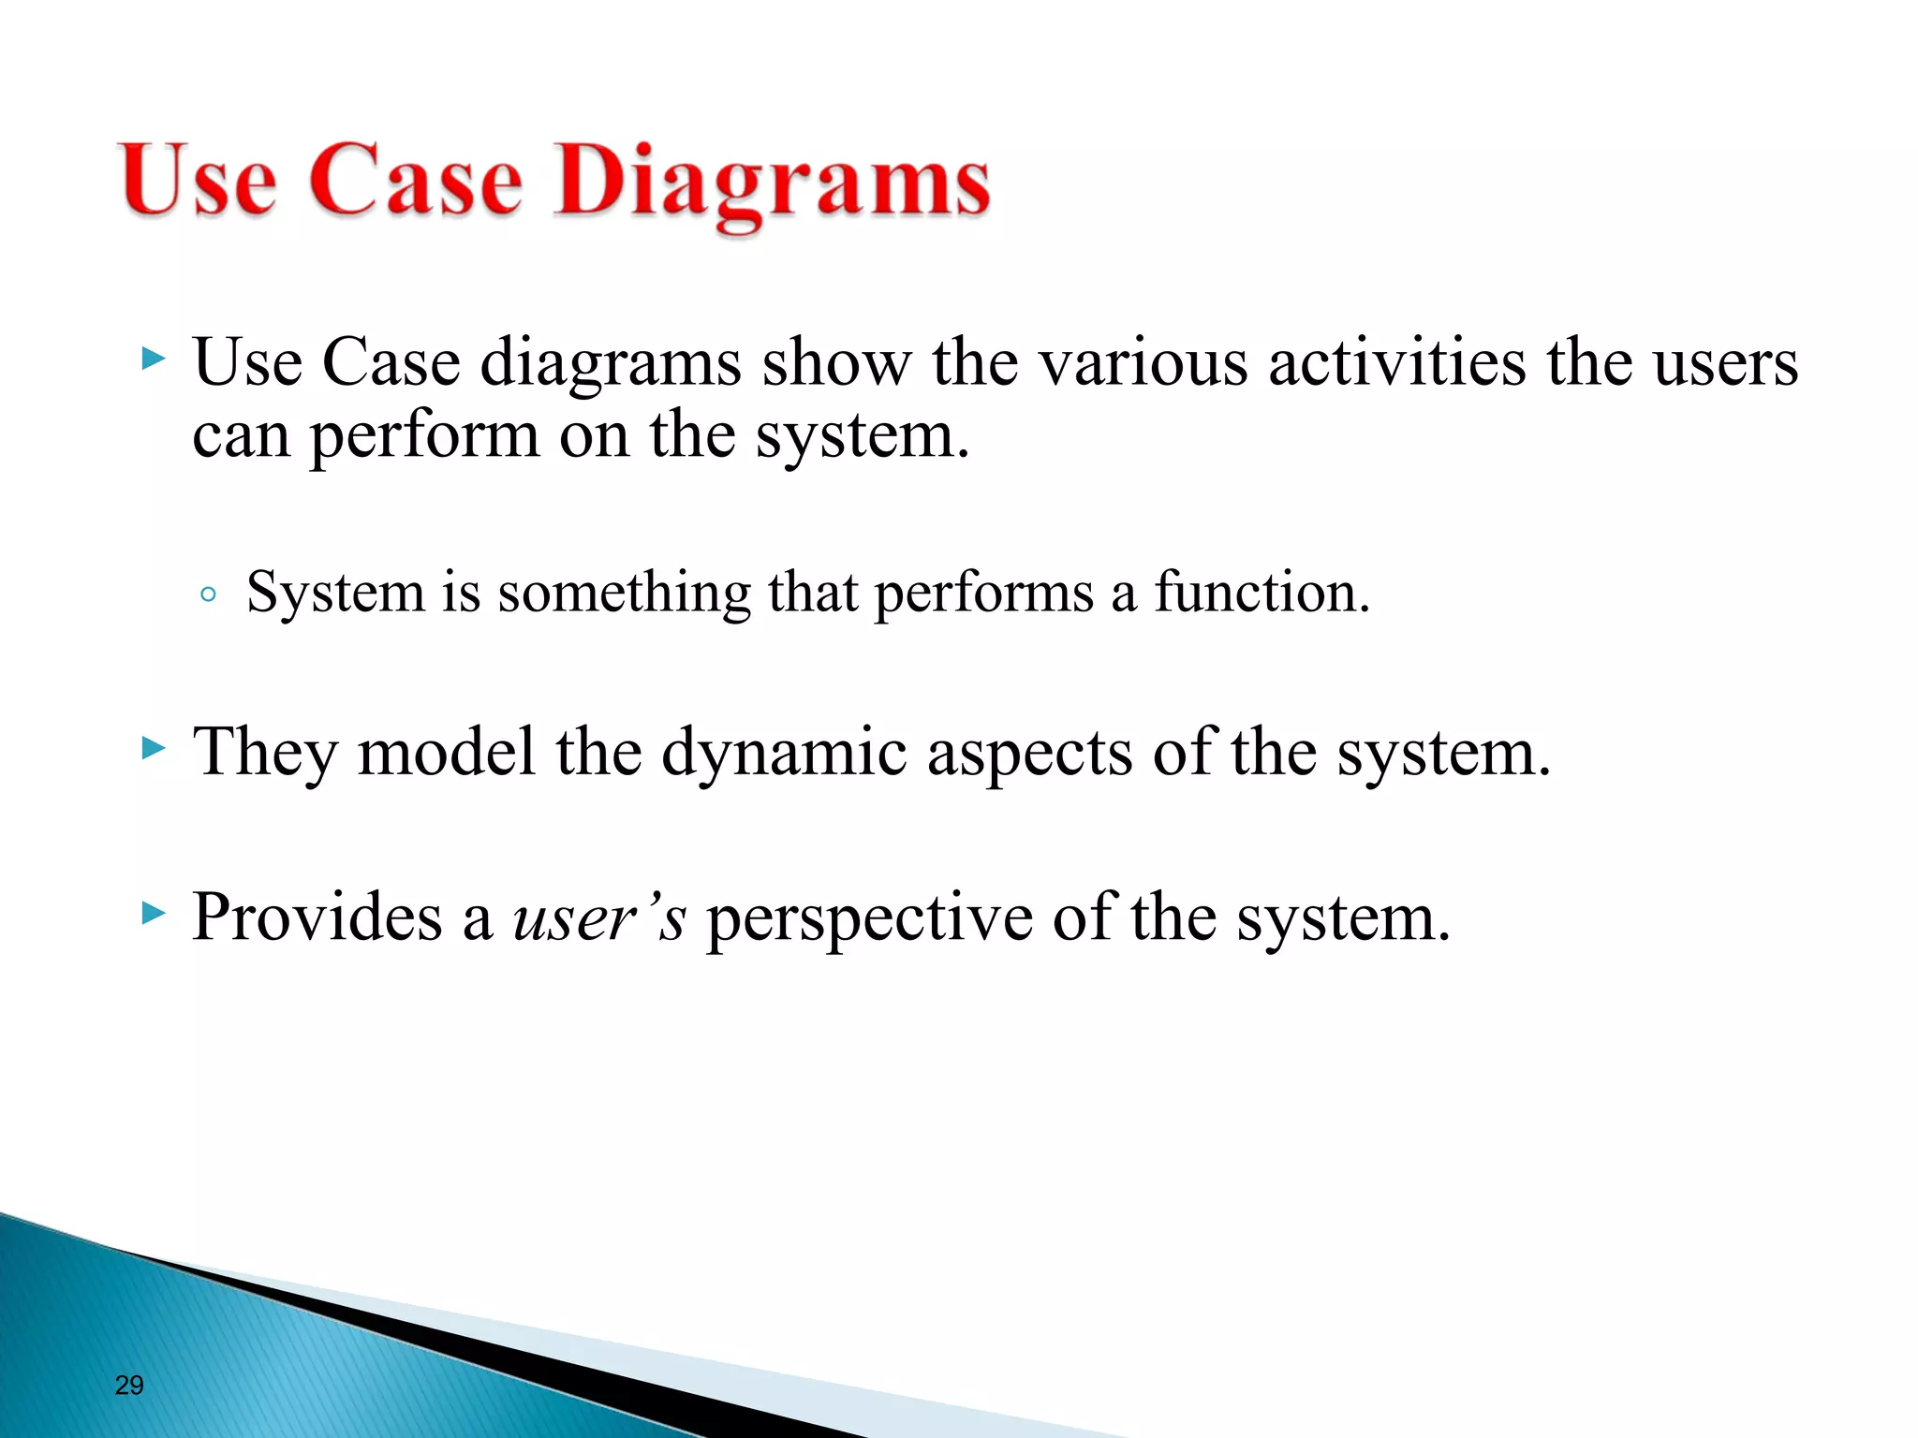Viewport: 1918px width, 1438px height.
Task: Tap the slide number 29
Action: (x=129, y=1385)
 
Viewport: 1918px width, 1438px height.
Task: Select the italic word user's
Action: (x=599, y=917)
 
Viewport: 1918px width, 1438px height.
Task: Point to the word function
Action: (x=1261, y=593)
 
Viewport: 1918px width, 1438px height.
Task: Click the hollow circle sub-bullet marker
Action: (x=209, y=594)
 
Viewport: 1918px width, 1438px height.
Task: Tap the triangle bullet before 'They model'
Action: (x=153, y=746)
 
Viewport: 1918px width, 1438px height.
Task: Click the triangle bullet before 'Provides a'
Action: (x=153, y=912)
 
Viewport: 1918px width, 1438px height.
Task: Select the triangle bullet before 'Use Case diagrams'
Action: (x=153, y=358)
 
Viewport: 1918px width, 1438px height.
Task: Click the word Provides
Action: (x=317, y=917)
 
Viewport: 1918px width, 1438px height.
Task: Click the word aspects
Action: (x=1028, y=755)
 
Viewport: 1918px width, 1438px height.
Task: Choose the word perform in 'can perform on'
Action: (x=424, y=436)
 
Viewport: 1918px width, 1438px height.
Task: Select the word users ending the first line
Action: (x=1725, y=364)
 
